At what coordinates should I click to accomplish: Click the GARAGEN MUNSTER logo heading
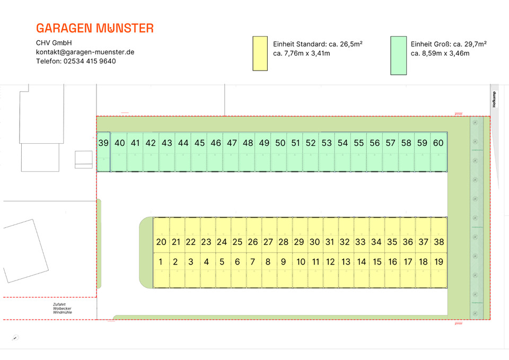(x=95, y=28)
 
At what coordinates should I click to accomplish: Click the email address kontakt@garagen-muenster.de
(x=85, y=52)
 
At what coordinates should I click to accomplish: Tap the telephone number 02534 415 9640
(x=76, y=61)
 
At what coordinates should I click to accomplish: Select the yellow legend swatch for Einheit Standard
(x=260, y=53)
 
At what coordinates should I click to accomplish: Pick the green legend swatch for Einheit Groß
(x=398, y=55)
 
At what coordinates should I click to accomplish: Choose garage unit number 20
(x=161, y=242)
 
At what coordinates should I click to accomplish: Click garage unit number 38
(x=438, y=242)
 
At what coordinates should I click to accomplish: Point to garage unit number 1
(x=160, y=261)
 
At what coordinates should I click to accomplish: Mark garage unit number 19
(x=438, y=261)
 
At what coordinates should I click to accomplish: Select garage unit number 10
(x=301, y=261)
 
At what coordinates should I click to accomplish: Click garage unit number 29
(x=299, y=242)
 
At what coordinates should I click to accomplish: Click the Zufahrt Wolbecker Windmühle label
(x=63, y=309)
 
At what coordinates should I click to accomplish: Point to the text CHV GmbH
(x=54, y=43)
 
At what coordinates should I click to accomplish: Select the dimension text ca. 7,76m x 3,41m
(x=301, y=53)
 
